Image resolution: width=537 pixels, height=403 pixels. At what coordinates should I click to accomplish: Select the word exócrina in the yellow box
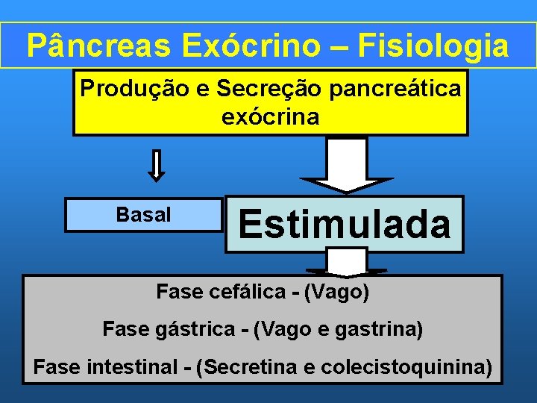[x=270, y=117]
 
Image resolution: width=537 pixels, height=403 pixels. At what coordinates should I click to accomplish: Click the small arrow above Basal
[x=156, y=165]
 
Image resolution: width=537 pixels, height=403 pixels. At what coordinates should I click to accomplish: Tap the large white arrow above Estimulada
[x=347, y=166]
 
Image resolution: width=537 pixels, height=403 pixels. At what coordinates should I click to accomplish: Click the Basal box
[x=143, y=215]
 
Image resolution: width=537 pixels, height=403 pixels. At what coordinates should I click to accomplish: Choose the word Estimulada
[x=345, y=224]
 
